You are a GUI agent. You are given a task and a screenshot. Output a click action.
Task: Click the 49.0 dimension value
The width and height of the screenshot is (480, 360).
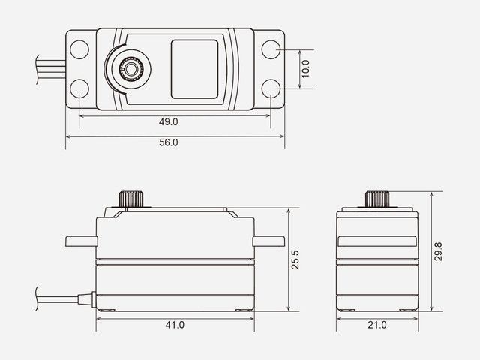pyautogui.click(x=168, y=121)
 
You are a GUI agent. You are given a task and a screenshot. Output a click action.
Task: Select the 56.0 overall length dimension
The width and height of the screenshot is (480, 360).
pyautogui.click(x=168, y=142)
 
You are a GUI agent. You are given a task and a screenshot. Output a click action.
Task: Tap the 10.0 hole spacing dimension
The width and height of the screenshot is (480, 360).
pyautogui.click(x=305, y=69)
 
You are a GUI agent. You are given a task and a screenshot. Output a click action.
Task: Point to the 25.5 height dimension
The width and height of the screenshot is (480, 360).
pyautogui.click(x=295, y=259)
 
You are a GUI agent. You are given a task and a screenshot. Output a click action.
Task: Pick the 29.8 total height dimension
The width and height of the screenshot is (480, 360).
pyautogui.click(x=438, y=251)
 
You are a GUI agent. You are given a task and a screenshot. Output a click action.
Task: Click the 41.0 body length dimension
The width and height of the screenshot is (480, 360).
pyautogui.click(x=175, y=325)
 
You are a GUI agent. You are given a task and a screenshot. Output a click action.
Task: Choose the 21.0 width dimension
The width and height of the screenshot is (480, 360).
pyautogui.click(x=377, y=325)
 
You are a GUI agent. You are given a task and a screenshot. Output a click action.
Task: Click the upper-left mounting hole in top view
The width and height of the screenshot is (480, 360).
pyautogui.click(x=79, y=49)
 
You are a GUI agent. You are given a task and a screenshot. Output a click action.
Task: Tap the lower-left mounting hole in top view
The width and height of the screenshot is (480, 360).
pyautogui.click(x=79, y=88)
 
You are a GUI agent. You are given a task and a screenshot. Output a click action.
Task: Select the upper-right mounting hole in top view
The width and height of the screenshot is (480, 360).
pyautogui.click(x=271, y=49)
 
